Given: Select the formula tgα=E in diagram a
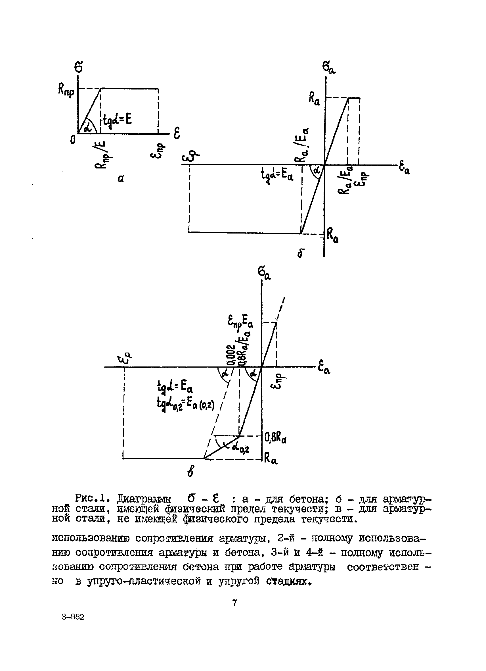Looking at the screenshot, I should click(x=117, y=120).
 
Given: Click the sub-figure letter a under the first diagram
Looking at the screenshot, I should click(x=121, y=178).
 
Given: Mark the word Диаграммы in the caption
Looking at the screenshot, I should click(x=144, y=499).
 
